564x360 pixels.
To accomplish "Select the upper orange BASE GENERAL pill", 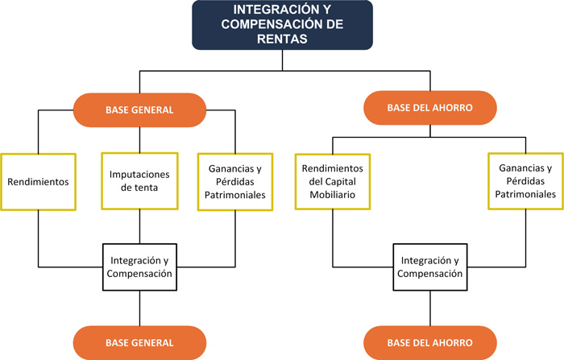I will click(x=140, y=109).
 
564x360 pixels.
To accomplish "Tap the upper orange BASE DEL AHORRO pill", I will click(x=429, y=107).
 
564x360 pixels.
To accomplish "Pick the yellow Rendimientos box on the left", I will click(x=38, y=182).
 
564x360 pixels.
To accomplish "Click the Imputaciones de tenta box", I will click(x=140, y=182).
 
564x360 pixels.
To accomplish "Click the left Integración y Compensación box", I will click(x=141, y=267).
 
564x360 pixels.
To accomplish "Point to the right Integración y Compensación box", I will click(x=430, y=267).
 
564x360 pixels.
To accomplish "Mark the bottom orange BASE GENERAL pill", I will click(x=140, y=341).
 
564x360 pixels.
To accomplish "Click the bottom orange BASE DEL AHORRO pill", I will click(x=429, y=341).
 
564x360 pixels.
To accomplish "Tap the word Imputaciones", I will click(x=140, y=175).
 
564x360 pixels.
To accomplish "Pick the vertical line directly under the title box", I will click(x=281, y=61).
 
